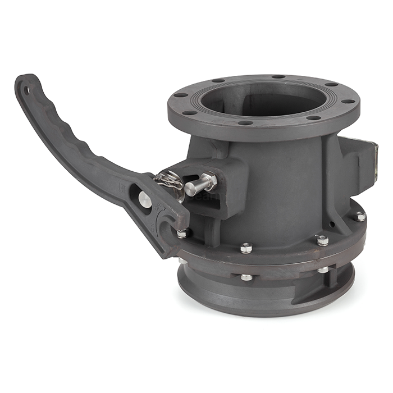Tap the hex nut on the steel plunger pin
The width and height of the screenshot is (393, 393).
click(x=209, y=180)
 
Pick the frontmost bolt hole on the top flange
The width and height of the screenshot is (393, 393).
click(x=245, y=122)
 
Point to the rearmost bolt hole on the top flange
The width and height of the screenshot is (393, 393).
click(x=278, y=76)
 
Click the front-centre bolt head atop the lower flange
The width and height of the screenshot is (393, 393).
click(x=246, y=248)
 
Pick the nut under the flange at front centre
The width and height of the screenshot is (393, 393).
click(x=246, y=277)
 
